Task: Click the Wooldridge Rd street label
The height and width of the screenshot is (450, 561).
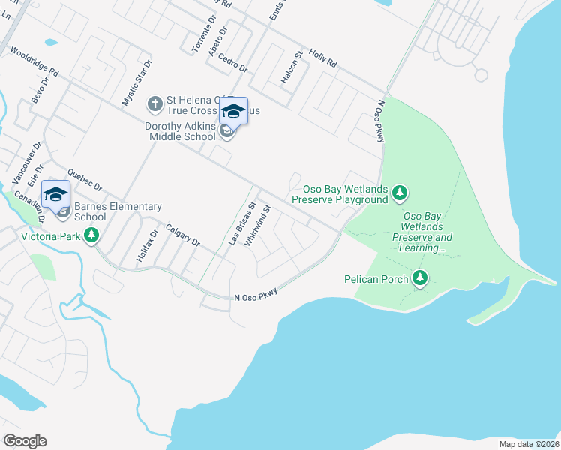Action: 34,62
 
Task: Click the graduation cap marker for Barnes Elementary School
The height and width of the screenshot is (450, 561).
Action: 55,194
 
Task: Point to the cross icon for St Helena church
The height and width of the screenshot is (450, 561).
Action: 154,103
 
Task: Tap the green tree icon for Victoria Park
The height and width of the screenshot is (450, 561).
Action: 92,236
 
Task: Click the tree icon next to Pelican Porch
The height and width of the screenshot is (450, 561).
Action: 420,279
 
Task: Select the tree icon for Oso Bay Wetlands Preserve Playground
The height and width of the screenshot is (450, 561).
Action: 400,194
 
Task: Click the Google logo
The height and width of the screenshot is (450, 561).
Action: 25,441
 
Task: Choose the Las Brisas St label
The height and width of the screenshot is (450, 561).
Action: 241,223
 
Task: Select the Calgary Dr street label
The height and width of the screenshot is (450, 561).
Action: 182,235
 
